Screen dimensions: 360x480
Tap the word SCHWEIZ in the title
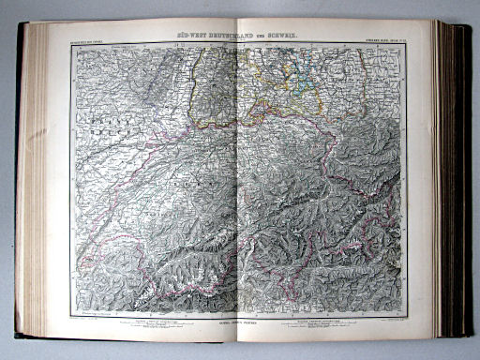point(292,35)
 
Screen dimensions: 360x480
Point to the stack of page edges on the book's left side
point(35,178)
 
